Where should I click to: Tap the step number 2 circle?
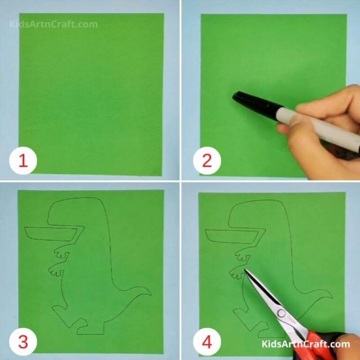point(207,162)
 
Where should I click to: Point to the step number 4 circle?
point(207,342)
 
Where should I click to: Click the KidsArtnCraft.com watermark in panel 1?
point(53,24)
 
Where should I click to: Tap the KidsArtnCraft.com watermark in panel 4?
point(306,345)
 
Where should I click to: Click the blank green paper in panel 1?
point(91,94)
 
